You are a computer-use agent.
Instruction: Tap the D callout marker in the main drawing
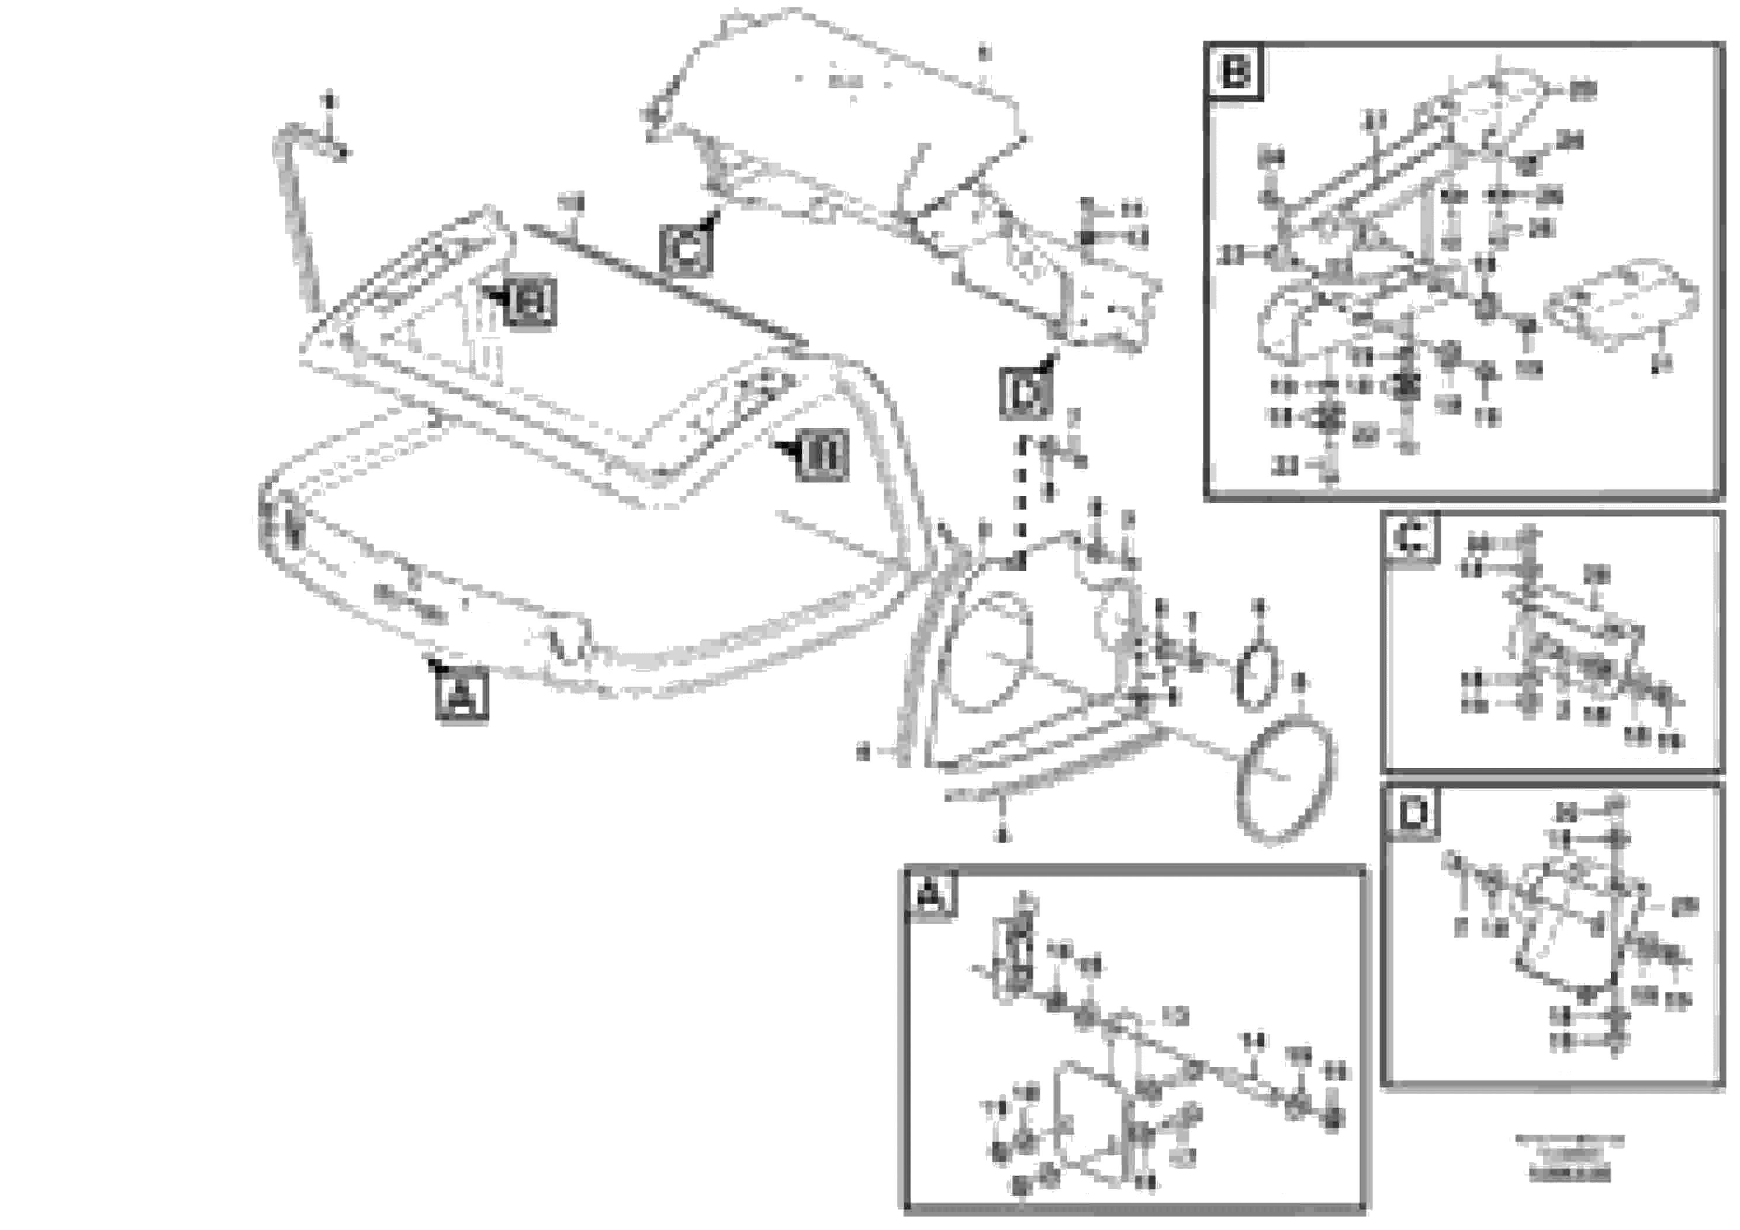[1025, 392]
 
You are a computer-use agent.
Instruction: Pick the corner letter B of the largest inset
[1235, 73]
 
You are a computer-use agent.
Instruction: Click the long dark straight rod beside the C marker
[659, 281]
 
